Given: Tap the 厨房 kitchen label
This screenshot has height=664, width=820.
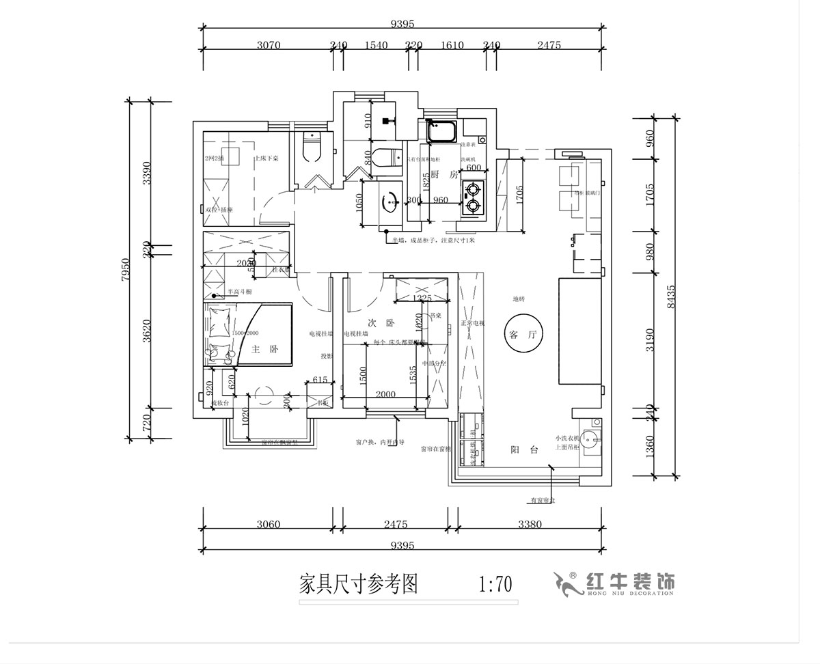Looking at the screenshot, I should point(443,174).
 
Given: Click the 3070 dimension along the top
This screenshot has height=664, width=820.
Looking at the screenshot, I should point(269,46).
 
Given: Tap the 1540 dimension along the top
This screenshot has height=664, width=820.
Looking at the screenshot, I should point(376,46).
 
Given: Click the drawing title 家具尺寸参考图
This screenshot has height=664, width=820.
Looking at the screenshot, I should point(359,585).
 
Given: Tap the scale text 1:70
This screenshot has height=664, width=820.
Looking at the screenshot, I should point(495,585).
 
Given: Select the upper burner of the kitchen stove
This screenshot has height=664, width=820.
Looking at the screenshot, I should point(471,188).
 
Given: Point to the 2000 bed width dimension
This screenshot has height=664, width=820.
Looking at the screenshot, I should point(385,394).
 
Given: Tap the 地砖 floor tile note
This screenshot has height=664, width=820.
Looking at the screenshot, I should point(519,299).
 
